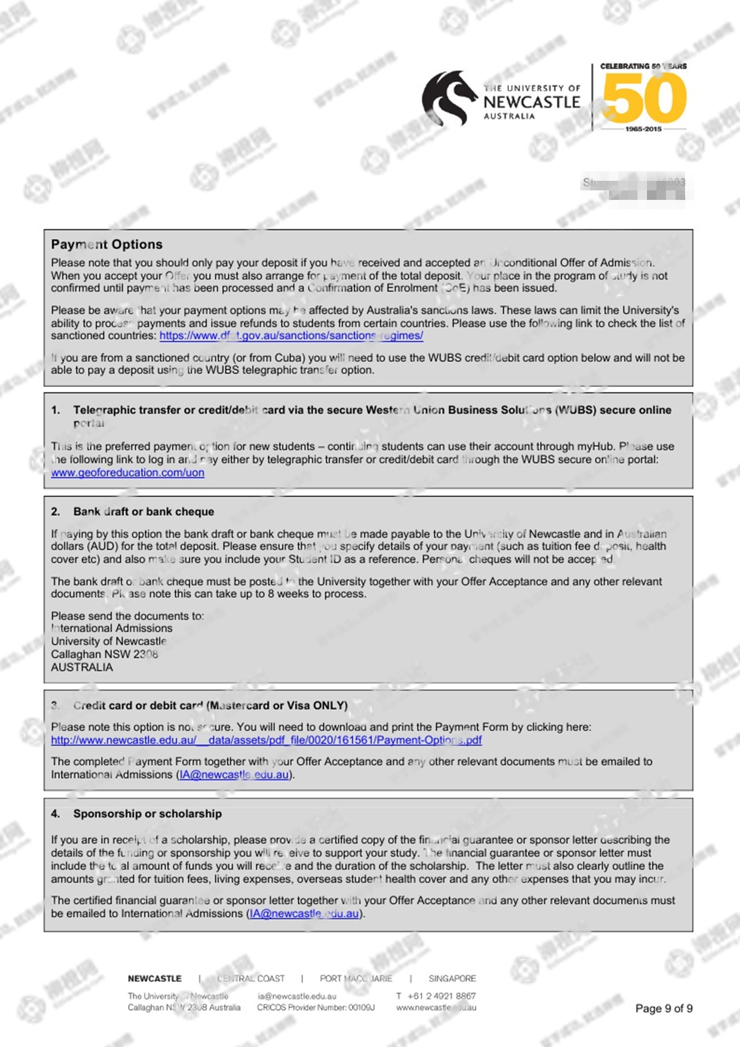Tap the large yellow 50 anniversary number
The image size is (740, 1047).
[x=644, y=97]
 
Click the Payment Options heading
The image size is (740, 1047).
[x=107, y=244]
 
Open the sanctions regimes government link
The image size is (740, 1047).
[x=291, y=336]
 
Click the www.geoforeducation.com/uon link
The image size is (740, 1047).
[x=127, y=473]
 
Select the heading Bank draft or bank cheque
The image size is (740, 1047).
[x=144, y=511]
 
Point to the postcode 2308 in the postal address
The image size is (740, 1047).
[x=145, y=654]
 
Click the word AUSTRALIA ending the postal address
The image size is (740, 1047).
[x=82, y=667]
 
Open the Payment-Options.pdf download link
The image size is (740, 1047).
[x=266, y=740]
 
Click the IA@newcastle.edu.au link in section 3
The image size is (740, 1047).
[x=234, y=775]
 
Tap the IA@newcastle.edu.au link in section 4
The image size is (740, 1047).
[x=304, y=914]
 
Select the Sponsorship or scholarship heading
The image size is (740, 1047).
[x=147, y=814]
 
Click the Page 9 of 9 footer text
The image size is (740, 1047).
[x=664, y=1008]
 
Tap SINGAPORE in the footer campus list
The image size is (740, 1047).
[x=452, y=978]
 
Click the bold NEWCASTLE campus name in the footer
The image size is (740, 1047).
[x=154, y=978]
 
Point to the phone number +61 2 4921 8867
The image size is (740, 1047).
[x=441, y=996]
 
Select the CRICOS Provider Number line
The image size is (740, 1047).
[x=316, y=1007]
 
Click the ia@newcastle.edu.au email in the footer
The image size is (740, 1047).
[x=297, y=996]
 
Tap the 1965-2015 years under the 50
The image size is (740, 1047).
[x=643, y=129]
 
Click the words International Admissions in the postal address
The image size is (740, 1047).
[x=112, y=628]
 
